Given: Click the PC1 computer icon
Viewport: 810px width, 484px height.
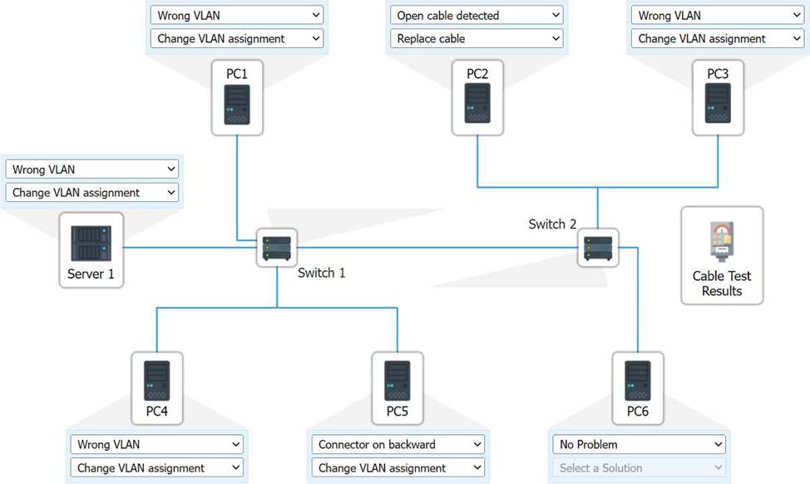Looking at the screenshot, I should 237,104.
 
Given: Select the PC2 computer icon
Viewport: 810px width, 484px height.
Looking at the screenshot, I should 477,104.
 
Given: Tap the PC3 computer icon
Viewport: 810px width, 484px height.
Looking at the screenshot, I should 718,104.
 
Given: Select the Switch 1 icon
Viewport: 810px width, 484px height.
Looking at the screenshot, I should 277,248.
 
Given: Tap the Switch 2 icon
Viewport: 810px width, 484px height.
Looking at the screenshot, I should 598,247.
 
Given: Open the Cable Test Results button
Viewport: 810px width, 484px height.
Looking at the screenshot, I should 722,255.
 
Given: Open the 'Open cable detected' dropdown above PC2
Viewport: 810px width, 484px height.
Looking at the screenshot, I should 477,15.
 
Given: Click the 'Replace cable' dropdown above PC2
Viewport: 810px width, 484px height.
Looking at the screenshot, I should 477,38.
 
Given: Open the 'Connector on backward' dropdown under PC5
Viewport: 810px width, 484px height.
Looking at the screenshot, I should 398,444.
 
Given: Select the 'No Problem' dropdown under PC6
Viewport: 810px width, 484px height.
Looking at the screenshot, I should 639,444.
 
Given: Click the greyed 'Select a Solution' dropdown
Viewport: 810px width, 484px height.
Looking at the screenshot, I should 639,467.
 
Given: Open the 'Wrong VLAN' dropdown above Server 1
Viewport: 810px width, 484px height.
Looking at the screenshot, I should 92,169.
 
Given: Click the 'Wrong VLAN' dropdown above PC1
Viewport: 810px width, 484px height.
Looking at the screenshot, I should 236,15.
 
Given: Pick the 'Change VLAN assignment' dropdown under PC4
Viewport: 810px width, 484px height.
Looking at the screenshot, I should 156,467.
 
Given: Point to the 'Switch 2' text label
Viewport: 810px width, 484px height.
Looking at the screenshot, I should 552,224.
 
